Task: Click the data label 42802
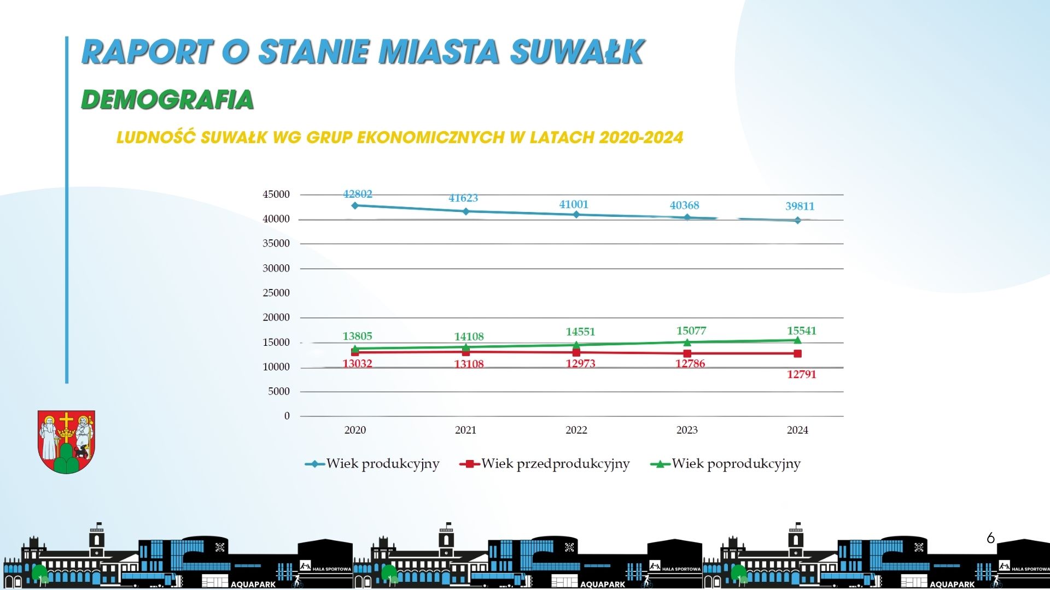point(358,194)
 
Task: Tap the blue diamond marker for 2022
point(576,215)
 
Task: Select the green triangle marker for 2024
point(797,340)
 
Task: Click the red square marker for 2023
point(687,353)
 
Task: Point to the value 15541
point(802,331)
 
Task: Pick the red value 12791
point(802,374)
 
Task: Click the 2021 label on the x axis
point(466,430)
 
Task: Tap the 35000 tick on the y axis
point(276,244)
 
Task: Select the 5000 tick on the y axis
point(279,392)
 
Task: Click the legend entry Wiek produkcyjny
point(372,464)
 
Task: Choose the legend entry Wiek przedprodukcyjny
point(545,464)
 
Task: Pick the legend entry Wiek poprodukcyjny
point(726,464)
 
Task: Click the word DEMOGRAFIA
point(167,99)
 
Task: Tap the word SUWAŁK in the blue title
point(577,52)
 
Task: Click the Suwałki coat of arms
point(66,442)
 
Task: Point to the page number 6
point(990,538)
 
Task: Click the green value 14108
point(469,337)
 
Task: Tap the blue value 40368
point(685,205)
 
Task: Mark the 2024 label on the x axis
point(797,430)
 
